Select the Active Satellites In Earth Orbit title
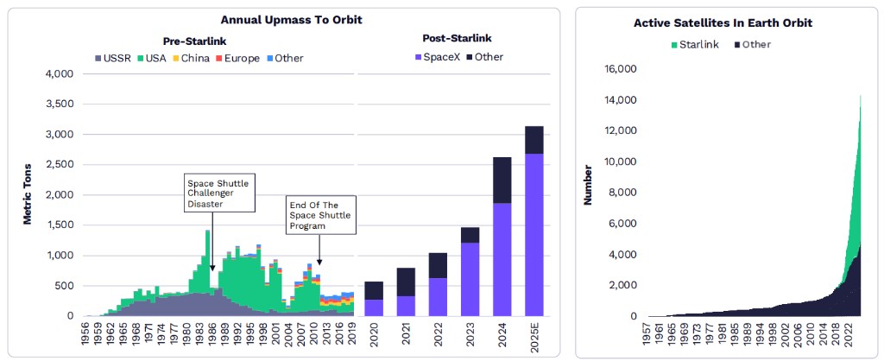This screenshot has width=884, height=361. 723,22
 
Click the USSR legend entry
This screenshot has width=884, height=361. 115,58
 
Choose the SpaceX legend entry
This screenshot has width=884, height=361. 440,57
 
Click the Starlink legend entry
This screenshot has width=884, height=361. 695,44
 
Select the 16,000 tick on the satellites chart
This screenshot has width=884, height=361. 620,69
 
